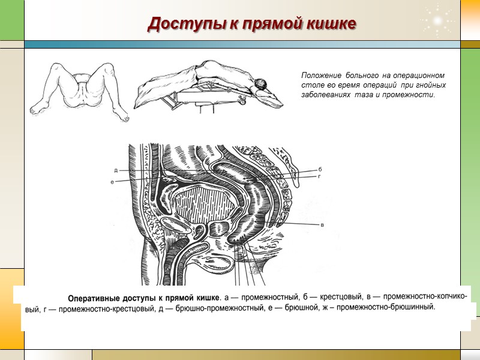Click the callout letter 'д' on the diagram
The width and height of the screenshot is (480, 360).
[x=116, y=170]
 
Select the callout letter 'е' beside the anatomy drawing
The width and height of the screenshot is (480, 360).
[x=113, y=181]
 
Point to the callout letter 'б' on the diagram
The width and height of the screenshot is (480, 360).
[x=320, y=170]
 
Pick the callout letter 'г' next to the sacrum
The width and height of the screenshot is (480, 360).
[x=320, y=177]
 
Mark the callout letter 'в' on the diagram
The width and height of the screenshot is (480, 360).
[x=322, y=225]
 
